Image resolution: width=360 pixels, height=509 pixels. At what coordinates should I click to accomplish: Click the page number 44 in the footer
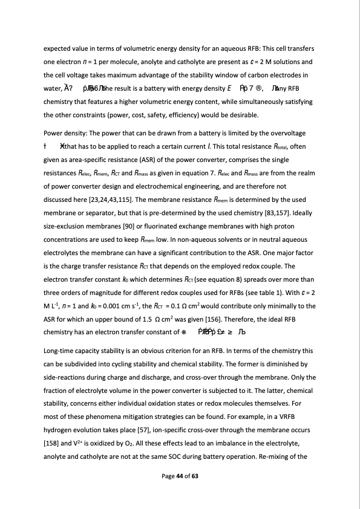coord(181,477)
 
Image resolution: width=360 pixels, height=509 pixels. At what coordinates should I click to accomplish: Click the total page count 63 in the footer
coord(195,477)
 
